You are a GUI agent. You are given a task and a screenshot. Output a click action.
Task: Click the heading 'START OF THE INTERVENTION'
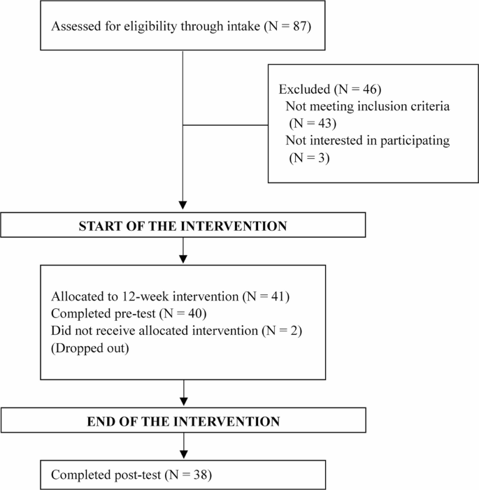(x=183, y=226)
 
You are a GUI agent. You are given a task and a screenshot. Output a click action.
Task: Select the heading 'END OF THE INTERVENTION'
(x=183, y=421)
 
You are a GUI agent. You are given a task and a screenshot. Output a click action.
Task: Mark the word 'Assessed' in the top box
(x=75, y=28)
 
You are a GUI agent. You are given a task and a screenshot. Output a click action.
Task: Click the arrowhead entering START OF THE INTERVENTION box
(x=183, y=208)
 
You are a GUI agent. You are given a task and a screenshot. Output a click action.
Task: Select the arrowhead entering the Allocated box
(x=183, y=258)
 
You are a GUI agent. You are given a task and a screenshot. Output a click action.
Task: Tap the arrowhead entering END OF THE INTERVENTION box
(x=183, y=403)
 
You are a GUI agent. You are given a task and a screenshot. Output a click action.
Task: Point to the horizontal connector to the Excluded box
(x=225, y=127)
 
